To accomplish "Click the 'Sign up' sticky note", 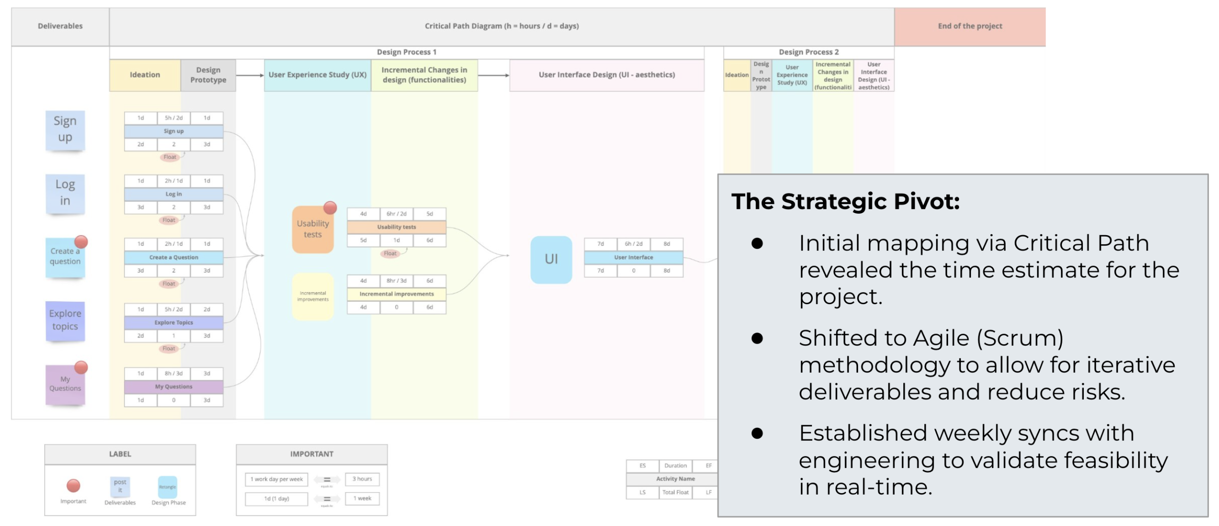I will click(x=65, y=129).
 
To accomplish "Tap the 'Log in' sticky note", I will click(x=65, y=193).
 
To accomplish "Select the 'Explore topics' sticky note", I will click(x=65, y=320).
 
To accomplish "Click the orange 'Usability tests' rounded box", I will click(x=312, y=229).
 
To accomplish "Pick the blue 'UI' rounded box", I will click(x=551, y=259).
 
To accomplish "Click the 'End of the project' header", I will click(x=969, y=26).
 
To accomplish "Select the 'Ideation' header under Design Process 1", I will click(x=145, y=75).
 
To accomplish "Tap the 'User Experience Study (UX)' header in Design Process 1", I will click(x=317, y=75).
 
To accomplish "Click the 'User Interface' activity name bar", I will click(x=633, y=258).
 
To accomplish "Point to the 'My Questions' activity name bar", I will click(x=173, y=387).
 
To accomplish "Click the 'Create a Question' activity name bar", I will click(x=173, y=258).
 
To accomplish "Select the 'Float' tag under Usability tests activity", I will click(x=390, y=253).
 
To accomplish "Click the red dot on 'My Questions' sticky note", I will click(x=81, y=367).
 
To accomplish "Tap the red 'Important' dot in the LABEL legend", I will click(x=73, y=486).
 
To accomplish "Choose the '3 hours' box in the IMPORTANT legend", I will click(x=362, y=479).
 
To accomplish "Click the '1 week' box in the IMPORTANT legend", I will click(x=362, y=498).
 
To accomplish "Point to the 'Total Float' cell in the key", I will click(x=675, y=492).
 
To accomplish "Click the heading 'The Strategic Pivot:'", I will click(x=845, y=201).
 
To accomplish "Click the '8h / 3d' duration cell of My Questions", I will click(x=173, y=374).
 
